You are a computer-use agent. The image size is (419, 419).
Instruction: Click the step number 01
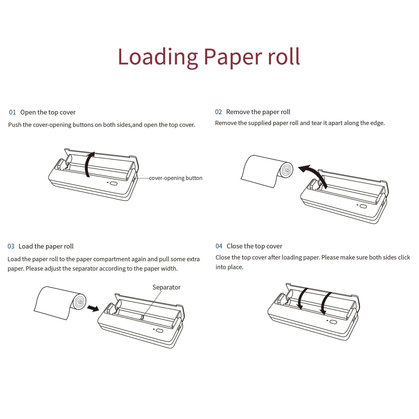point(12,112)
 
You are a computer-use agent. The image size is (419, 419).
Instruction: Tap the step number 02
point(218,112)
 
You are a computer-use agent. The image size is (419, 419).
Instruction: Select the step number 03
point(11,246)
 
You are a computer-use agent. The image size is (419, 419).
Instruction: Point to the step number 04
point(219,246)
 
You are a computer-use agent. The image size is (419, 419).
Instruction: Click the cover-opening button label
point(176,178)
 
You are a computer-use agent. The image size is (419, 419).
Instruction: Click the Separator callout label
point(166,287)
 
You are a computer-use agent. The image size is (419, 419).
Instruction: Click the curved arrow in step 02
point(313,174)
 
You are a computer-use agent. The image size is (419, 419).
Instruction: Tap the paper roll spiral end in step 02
point(287,170)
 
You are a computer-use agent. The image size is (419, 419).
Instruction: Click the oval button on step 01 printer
point(114,183)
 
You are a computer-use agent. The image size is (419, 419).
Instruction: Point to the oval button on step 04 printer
point(333,322)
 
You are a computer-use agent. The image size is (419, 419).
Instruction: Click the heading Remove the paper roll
point(258,112)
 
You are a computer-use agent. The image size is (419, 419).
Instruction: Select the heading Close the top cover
point(254,246)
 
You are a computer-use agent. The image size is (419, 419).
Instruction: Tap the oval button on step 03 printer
point(159,331)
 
